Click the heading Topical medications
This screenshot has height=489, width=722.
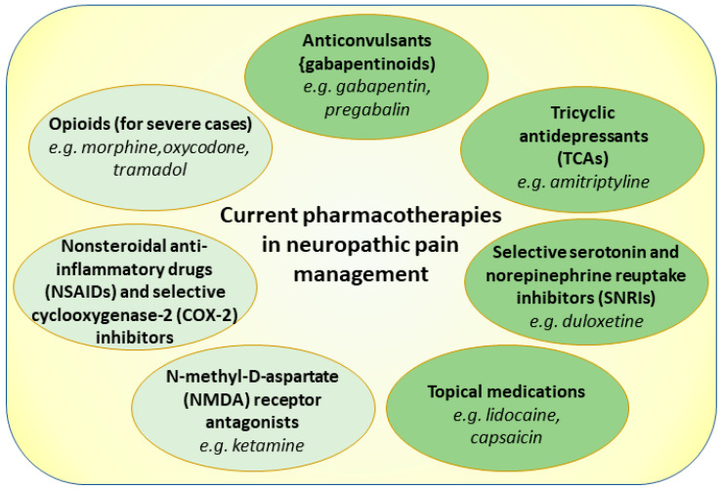pyautogui.click(x=506, y=392)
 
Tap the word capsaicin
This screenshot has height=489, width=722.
pyautogui.click(x=506, y=436)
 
